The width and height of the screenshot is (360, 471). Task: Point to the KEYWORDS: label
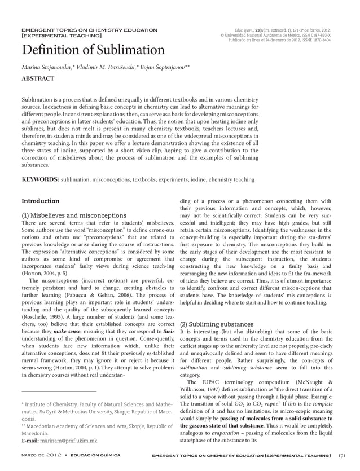pyautogui.click(x=40, y=179)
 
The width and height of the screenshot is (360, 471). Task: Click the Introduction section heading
pyautogui.click(x=40, y=201)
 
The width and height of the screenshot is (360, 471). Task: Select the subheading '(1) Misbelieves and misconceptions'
pyautogui.click(x=73, y=215)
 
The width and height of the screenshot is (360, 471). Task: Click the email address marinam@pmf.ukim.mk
pyautogui.click(x=59, y=441)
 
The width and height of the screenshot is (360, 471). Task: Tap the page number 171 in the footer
pyautogui.click(x=341, y=455)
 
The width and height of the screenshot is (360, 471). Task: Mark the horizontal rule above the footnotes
pyautogui.click(x=59, y=390)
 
